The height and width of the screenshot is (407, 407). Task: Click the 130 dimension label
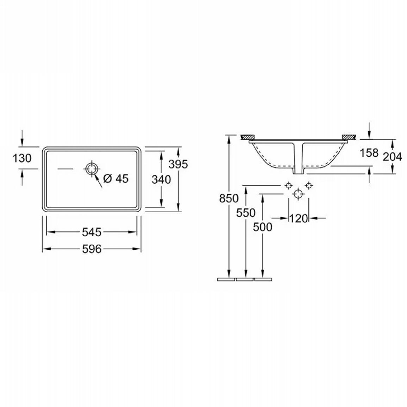[x=22, y=158]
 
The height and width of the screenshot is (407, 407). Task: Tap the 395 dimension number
[x=178, y=164]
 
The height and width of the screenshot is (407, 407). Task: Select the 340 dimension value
[x=161, y=179]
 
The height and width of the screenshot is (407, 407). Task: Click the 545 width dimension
[x=92, y=232]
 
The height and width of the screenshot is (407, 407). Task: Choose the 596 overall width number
[x=92, y=249]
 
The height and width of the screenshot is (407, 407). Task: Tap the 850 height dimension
[x=229, y=198]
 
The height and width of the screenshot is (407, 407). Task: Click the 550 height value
[x=245, y=213]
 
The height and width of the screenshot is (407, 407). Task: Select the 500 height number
[x=262, y=227]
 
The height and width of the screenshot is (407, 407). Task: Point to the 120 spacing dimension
[x=298, y=219]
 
